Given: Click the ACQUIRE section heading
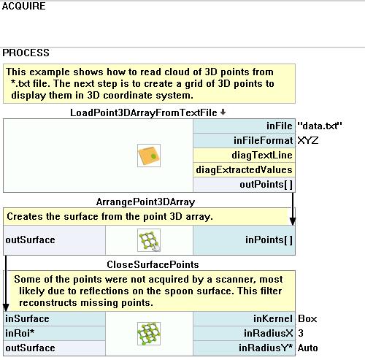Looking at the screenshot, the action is click(x=23, y=6).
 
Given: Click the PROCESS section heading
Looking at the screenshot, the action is click(x=26, y=53).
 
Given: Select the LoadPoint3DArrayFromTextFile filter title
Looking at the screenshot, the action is click(x=144, y=112).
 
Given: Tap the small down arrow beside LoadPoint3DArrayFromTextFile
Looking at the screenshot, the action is click(x=223, y=112).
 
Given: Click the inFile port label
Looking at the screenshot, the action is click(x=279, y=126).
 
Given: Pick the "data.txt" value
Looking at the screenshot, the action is click(x=320, y=126).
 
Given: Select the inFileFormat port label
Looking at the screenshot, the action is click(x=263, y=140).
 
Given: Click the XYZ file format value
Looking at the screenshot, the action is click(x=308, y=140).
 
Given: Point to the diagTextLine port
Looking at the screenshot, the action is click(x=262, y=155).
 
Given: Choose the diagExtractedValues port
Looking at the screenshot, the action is click(x=244, y=169).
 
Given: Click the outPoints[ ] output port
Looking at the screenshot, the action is click(x=266, y=184).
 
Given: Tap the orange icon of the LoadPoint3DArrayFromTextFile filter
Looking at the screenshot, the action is click(x=149, y=156).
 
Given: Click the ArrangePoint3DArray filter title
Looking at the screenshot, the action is click(x=145, y=202).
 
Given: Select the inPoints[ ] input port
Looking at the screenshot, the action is click(x=269, y=240).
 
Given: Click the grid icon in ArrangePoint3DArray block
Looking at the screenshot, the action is click(x=149, y=240).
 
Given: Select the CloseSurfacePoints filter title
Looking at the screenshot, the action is click(x=153, y=264).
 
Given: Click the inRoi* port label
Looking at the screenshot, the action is click(x=20, y=333).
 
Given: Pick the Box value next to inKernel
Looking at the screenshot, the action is click(x=307, y=318).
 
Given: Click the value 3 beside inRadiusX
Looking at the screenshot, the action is click(x=301, y=333).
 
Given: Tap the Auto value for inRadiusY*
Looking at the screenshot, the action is click(x=308, y=348).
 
